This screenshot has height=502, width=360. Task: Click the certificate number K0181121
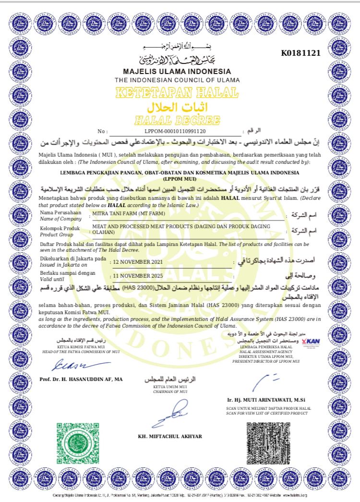click(300, 53)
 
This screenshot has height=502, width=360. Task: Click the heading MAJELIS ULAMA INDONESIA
click(177, 71)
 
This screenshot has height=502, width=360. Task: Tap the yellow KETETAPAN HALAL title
click(177, 92)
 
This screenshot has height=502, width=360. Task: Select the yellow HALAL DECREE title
click(177, 120)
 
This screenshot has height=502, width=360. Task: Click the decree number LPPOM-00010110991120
click(175, 131)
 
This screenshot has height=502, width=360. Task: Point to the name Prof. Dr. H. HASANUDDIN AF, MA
click(81, 379)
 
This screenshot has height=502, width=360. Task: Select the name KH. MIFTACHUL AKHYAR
click(170, 436)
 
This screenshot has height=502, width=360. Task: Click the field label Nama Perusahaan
click(54, 212)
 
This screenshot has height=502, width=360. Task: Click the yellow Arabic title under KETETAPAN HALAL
click(177, 106)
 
